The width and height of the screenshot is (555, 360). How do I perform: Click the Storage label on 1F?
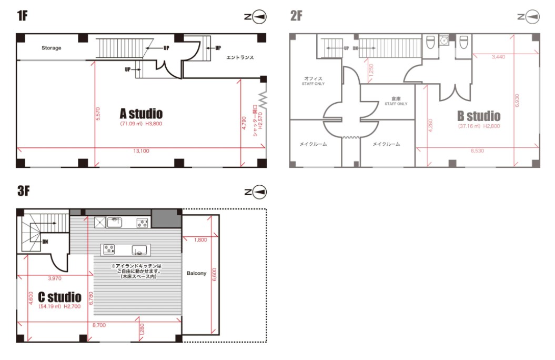(52, 48)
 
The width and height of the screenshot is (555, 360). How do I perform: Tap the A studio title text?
(141, 114)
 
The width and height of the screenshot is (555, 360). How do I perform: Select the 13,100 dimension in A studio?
(141, 151)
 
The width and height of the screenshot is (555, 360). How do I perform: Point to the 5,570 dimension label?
(98, 114)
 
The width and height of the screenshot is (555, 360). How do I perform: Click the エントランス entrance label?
(240, 57)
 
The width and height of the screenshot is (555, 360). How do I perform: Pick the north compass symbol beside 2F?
(529, 17)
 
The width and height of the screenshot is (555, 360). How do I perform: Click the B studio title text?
(479, 116)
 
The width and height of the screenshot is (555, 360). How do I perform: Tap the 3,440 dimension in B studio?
(498, 57)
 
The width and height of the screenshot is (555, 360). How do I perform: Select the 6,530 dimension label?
(478, 151)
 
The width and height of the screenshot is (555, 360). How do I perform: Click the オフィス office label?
(313, 78)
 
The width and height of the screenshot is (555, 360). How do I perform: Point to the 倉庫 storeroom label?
(396, 99)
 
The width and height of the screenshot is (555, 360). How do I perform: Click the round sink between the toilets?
(444, 41)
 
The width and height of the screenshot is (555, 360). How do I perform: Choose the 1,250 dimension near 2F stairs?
(371, 71)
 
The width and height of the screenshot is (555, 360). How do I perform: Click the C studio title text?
(60, 297)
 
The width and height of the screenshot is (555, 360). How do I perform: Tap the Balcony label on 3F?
(196, 273)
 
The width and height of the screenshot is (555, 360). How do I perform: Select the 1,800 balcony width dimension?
(200, 240)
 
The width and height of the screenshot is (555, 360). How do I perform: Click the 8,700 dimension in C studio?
(99, 325)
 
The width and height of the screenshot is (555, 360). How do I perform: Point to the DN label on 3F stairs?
(45, 242)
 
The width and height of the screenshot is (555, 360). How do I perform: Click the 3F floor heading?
(23, 191)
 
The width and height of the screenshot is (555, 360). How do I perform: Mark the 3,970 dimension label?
(55, 278)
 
